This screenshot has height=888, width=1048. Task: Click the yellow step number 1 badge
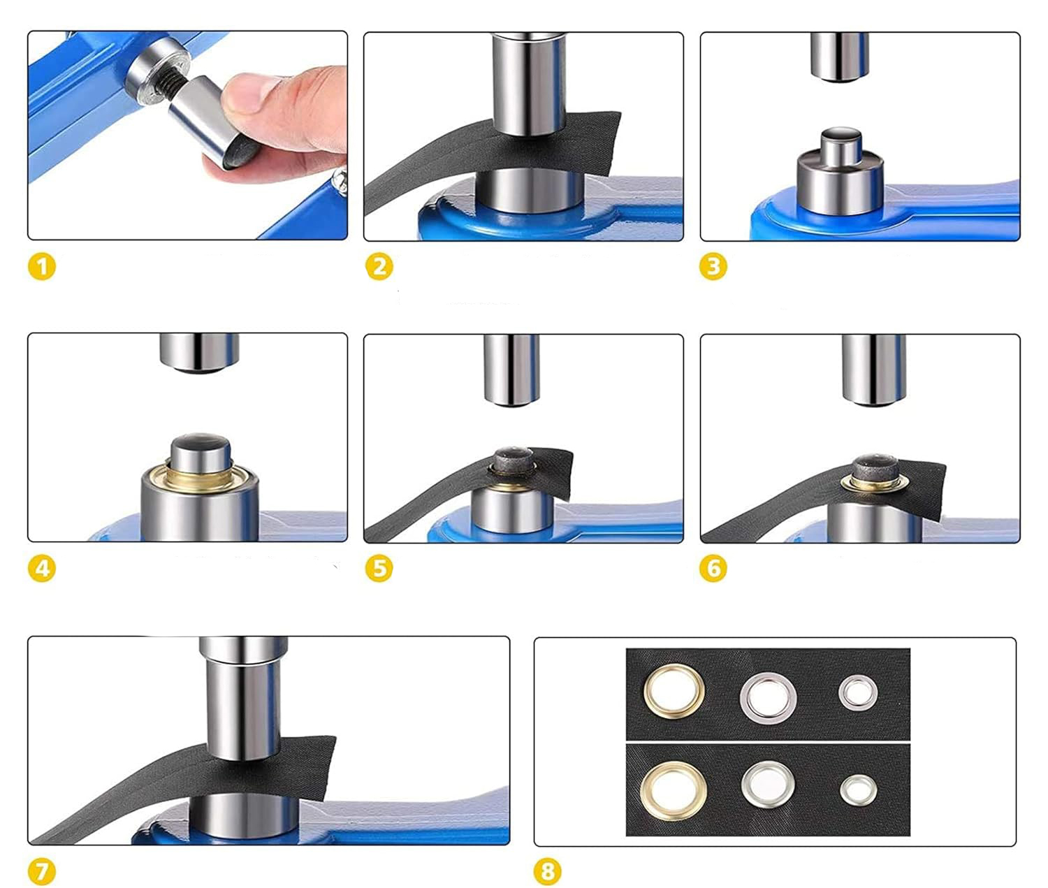[x=42, y=266]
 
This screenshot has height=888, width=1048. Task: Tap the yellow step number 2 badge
[x=379, y=266]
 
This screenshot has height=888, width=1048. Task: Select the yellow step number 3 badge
[x=713, y=266]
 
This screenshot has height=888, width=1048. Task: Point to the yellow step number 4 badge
[x=42, y=568]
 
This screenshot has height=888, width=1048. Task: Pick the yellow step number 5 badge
[x=379, y=568]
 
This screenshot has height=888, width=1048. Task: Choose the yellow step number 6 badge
[x=713, y=568]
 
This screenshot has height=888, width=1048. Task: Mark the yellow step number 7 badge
[x=42, y=871]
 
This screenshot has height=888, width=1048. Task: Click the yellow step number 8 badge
[x=548, y=871]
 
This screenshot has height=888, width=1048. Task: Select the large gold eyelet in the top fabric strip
[x=674, y=692]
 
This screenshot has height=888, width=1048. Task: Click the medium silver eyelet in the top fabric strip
[x=768, y=697]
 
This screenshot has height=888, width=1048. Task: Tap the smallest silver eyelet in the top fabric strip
[x=858, y=693]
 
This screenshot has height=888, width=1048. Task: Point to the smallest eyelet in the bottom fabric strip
[x=859, y=791]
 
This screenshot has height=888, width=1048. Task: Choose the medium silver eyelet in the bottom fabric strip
[x=768, y=785]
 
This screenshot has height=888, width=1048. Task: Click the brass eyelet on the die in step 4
[x=201, y=476]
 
